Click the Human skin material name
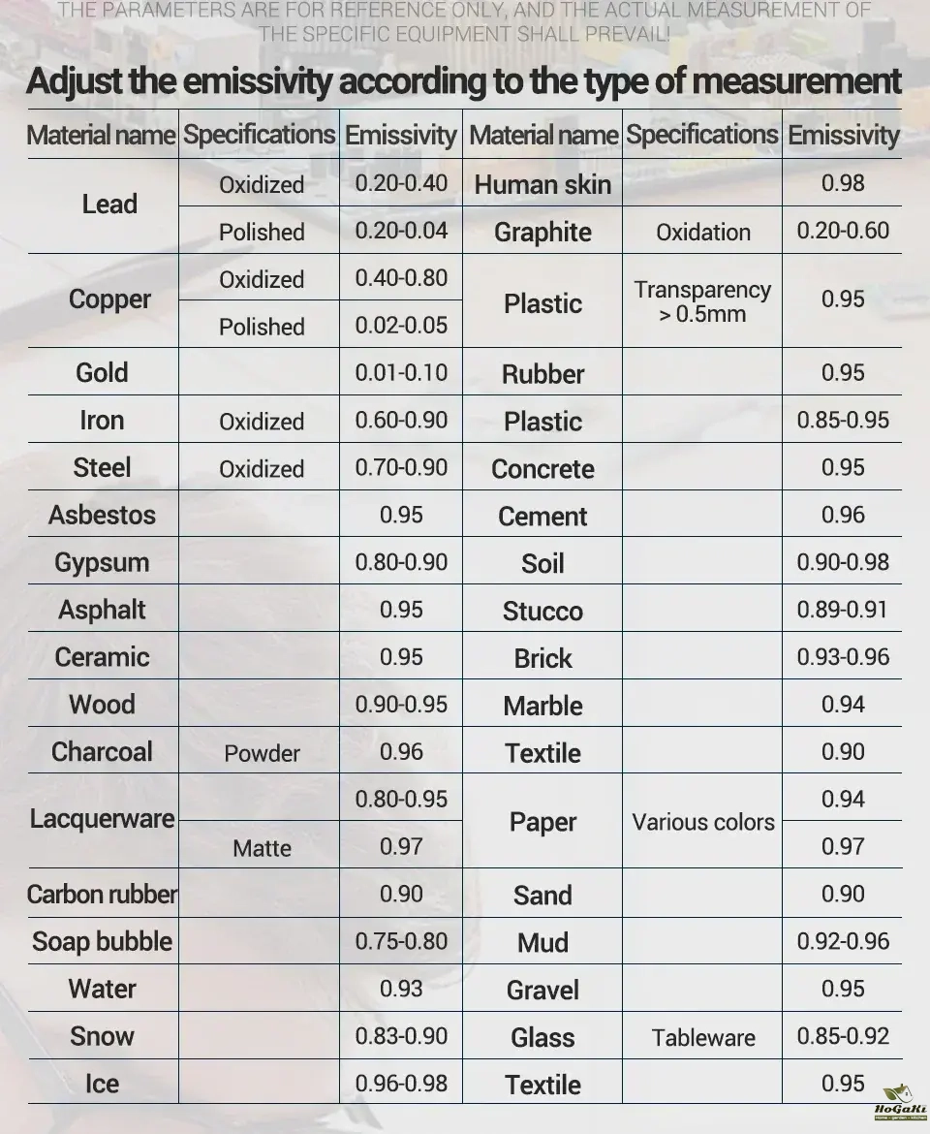click(x=542, y=184)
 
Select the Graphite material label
click(x=542, y=233)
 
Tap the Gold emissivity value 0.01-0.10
click(x=401, y=373)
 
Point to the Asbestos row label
click(x=102, y=515)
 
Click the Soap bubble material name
click(x=102, y=942)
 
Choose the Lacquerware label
click(x=102, y=819)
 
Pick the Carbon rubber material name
click(x=102, y=894)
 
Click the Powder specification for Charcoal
click(x=262, y=753)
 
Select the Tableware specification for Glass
click(x=703, y=1037)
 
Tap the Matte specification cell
click(x=262, y=848)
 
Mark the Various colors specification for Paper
click(x=703, y=822)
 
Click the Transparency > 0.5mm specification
click(x=703, y=301)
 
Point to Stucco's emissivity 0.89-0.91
click(x=843, y=610)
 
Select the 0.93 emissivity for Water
click(x=401, y=988)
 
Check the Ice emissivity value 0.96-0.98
click(x=401, y=1083)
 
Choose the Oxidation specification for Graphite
click(x=703, y=233)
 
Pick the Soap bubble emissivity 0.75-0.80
click(x=401, y=941)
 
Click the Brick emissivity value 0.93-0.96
click(x=843, y=657)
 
